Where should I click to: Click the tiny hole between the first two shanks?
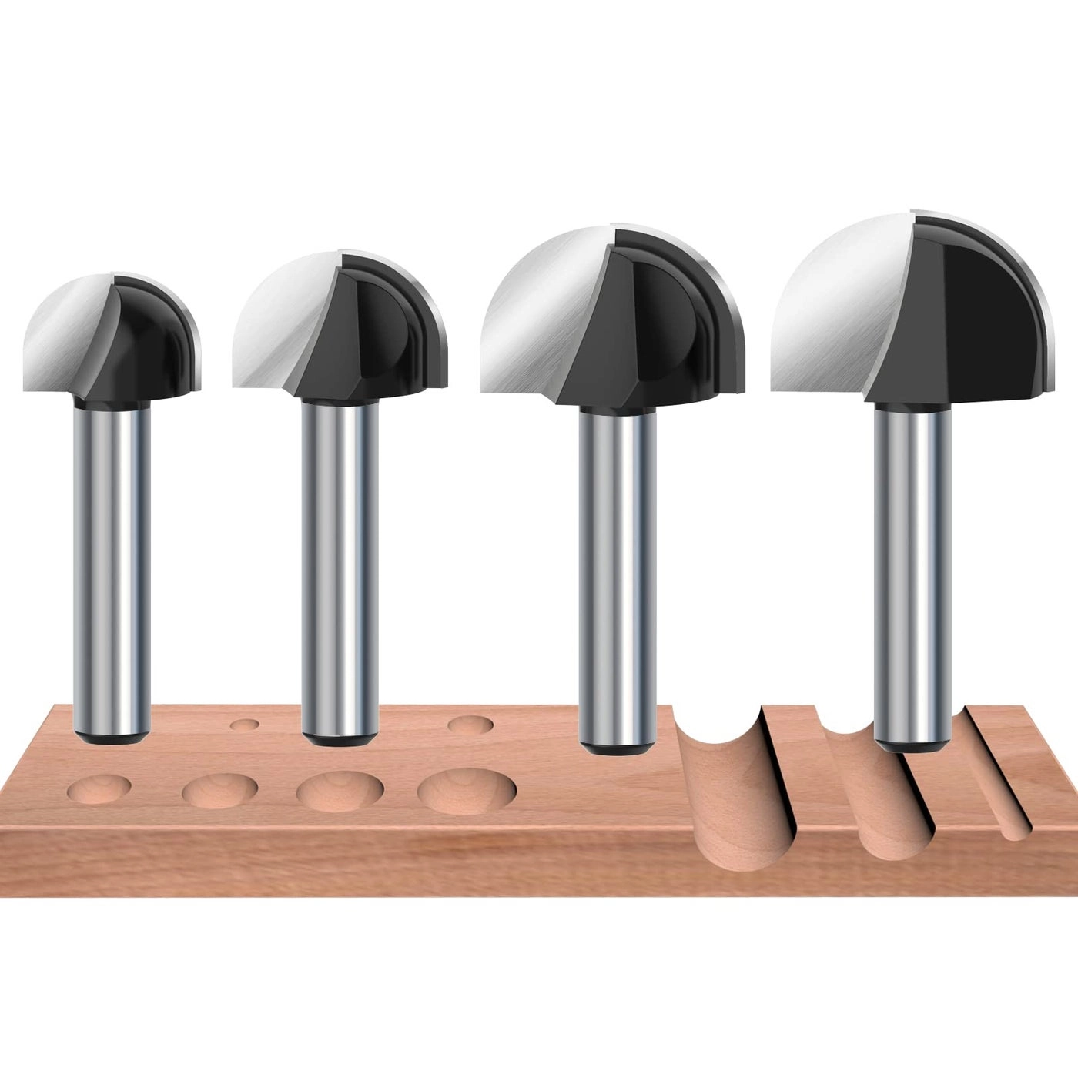[245, 725]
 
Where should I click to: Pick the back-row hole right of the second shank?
[470, 725]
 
